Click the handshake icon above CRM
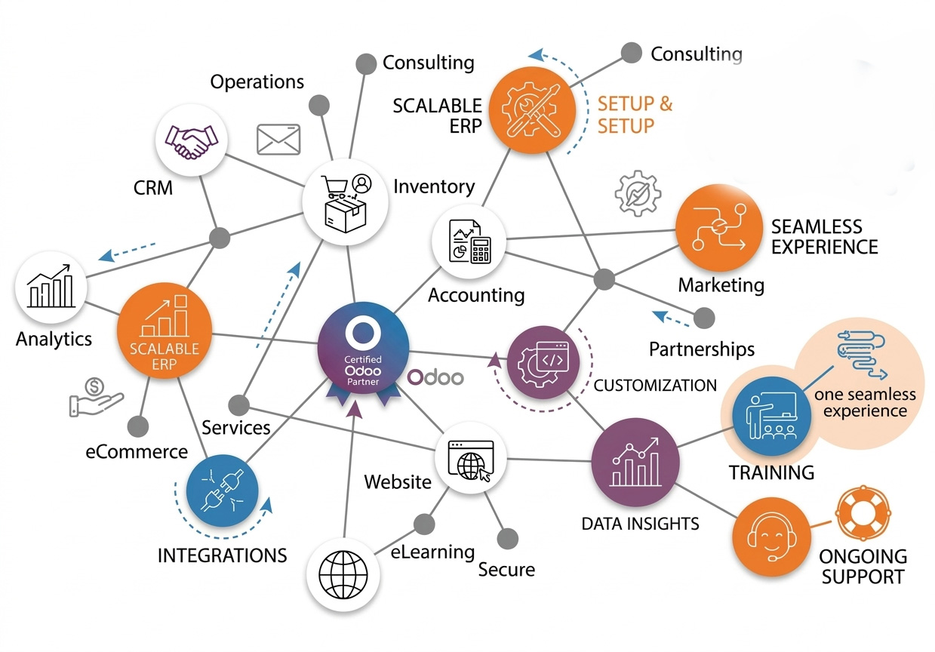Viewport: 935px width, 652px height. click(191, 140)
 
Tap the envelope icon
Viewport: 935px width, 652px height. click(278, 140)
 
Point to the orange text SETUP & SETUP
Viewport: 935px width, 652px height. click(635, 115)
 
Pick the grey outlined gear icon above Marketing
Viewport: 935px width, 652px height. click(638, 194)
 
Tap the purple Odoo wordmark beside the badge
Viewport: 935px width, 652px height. click(435, 377)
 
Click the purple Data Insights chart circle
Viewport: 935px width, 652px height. click(635, 458)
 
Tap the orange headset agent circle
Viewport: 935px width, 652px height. click(769, 536)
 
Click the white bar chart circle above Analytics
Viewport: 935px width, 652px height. click(51, 288)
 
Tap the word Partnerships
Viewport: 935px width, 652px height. click(702, 349)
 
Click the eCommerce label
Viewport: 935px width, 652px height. click(137, 452)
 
